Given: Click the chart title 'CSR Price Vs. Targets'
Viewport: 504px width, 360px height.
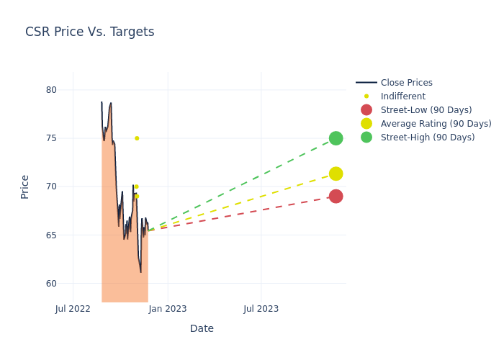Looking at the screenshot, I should [x=89, y=32].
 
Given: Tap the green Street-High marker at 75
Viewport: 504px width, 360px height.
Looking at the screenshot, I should [x=336, y=138].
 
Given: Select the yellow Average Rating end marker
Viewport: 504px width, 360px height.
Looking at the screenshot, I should [x=336, y=174].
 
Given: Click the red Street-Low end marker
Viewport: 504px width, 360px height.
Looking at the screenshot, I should [x=336, y=197].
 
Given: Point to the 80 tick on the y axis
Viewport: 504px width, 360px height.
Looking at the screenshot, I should [x=51, y=90].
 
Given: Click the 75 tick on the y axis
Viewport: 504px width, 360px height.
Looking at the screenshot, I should [x=51, y=138].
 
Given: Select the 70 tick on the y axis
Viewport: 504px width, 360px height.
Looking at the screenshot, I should [x=51, y=186].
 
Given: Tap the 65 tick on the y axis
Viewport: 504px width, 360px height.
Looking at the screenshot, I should [x=51, y=235].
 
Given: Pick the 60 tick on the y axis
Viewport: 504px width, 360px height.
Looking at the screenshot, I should [x=51, y=283].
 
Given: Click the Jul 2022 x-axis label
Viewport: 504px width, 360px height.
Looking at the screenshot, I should [x=73, y=309].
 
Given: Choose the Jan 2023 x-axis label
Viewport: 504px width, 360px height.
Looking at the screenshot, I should [x=168, y=309].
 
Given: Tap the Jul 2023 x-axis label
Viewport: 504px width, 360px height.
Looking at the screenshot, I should [x=261, y=309].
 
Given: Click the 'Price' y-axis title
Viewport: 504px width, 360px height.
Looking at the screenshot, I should [x=25, y=186].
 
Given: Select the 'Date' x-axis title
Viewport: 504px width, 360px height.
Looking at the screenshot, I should [x=202, y=328].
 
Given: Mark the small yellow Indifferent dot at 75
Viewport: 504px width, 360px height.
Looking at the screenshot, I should [x=137, y=138].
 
